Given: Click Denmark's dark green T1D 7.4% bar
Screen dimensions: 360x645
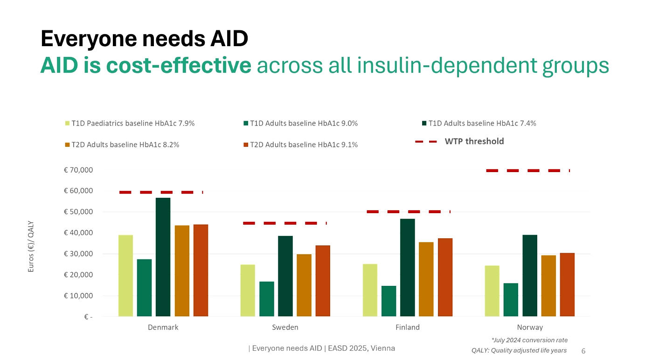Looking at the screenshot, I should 163,257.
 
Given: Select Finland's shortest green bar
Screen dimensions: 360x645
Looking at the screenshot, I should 388,301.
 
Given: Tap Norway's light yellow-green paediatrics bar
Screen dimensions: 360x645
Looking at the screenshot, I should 492,291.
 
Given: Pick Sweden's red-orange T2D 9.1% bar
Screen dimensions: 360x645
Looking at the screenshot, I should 322,281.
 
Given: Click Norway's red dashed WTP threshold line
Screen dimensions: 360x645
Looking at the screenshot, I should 527,171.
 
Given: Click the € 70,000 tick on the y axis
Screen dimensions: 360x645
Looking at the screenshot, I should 78,170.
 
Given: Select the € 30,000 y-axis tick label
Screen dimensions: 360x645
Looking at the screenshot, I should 78,254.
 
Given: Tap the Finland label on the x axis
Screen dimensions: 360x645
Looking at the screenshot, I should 408,327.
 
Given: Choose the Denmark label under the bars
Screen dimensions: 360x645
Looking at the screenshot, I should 163,327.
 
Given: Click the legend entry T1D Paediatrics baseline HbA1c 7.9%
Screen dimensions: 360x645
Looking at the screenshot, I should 132,124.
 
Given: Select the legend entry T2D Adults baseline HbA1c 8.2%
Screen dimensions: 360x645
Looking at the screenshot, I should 125,145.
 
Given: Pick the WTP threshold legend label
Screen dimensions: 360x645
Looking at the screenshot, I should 474,141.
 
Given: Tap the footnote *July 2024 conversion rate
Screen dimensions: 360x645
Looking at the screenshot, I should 529,340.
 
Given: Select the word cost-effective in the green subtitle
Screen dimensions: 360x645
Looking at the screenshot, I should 179,66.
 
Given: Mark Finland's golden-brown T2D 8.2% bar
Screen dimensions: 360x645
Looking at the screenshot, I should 426,279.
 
